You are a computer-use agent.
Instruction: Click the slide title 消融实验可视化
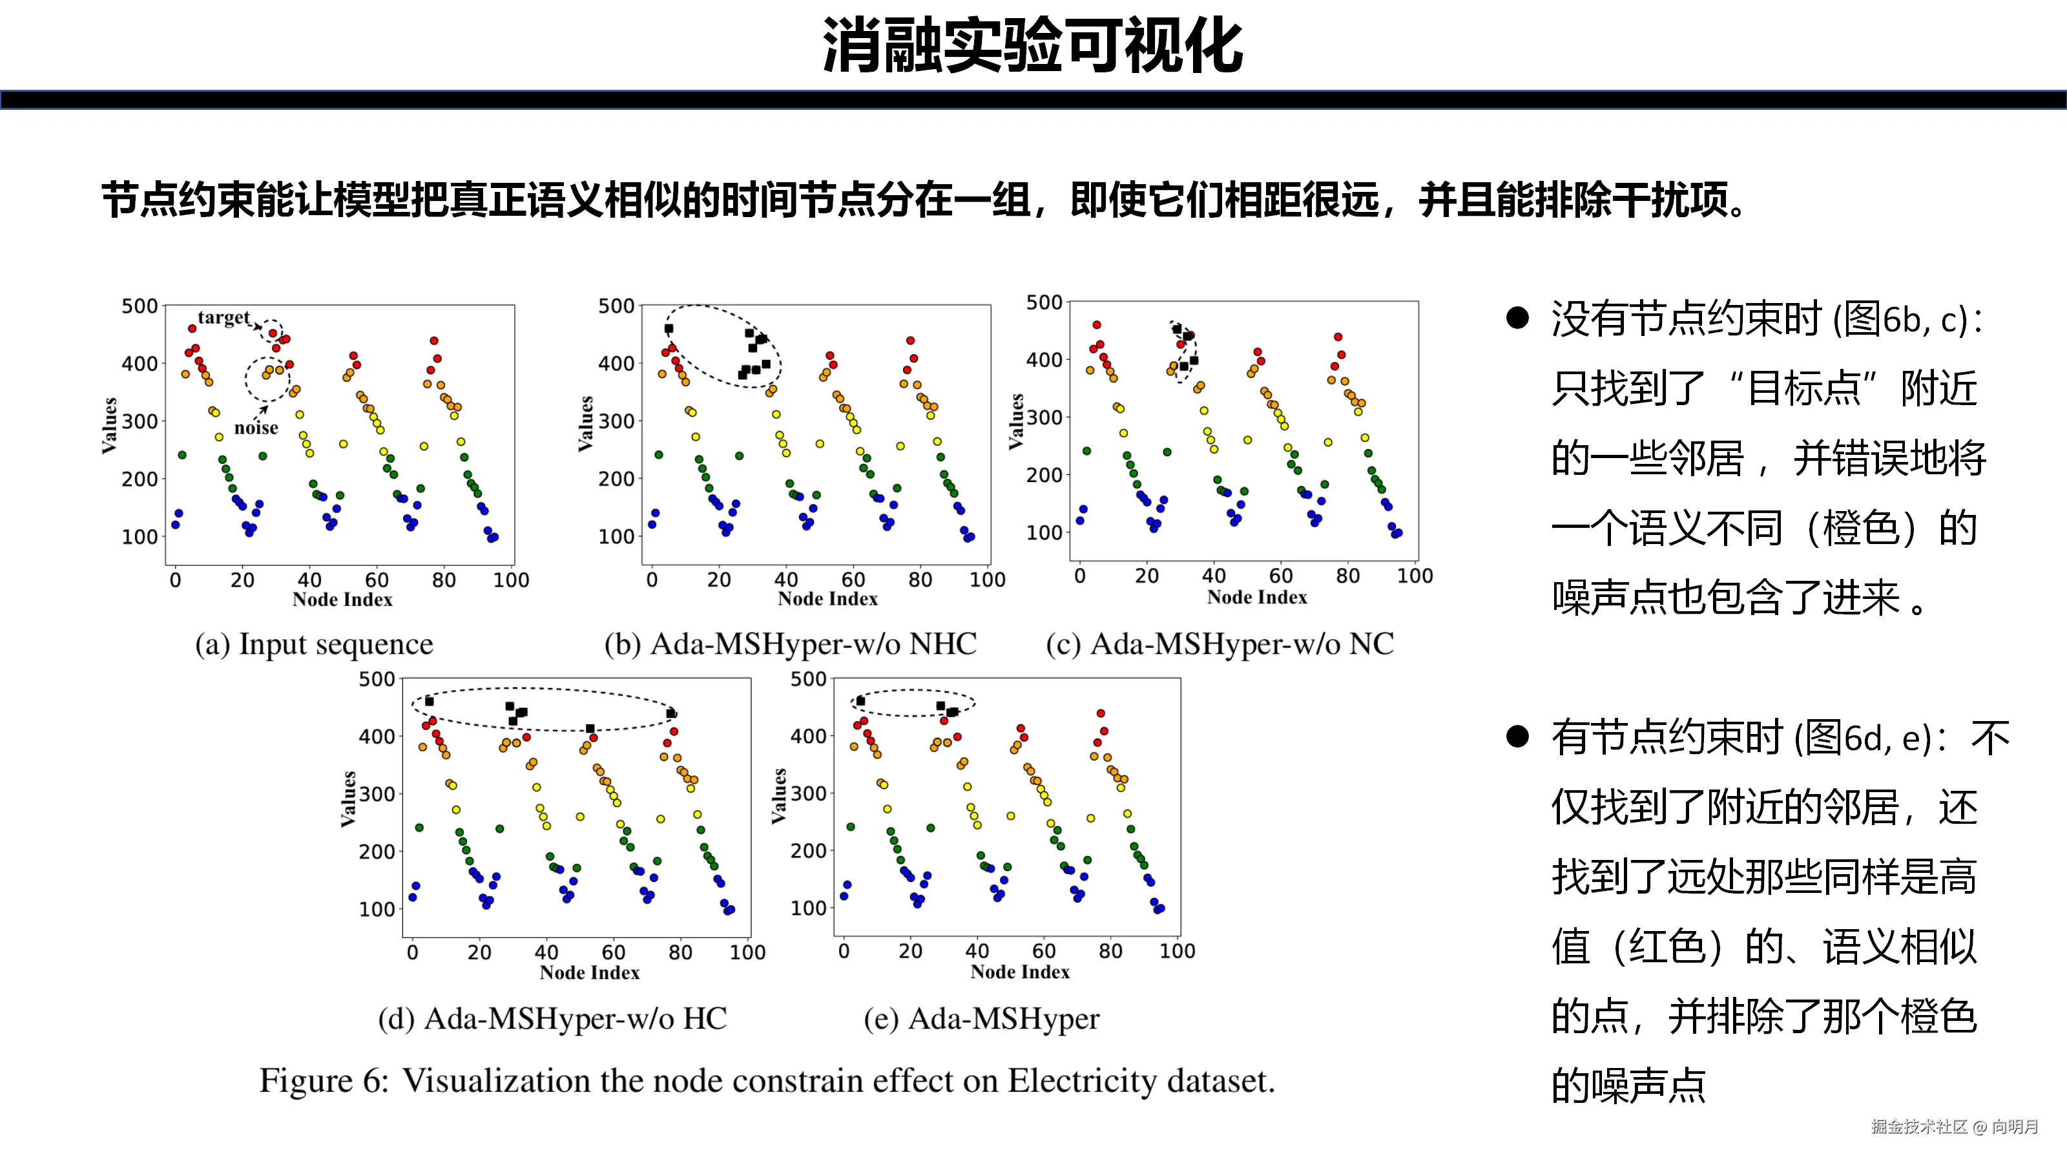[x=1033, y=47]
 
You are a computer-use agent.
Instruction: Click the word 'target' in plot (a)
[x=224, y=318]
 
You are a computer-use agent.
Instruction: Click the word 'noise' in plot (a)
[x=256, y=428]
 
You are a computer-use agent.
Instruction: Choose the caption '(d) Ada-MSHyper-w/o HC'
[x=552, y=1018]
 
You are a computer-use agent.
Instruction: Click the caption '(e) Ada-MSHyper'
[x=981, y=1018]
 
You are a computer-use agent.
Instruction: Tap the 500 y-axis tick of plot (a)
[x=140, y=307]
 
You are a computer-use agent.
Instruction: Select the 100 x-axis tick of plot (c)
[x=1415, y=576]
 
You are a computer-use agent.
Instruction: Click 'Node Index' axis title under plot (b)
[x=827, y=599]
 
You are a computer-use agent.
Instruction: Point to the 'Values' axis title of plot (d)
[x=348, y=799]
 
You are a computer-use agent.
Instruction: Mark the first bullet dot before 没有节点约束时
[x=1517, y=318]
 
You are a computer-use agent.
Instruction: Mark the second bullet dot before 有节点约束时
[x=1517, y=736]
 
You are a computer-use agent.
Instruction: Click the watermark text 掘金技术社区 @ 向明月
[x=1955, y=1127]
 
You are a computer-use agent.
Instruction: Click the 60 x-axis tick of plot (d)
[x=613, y=953]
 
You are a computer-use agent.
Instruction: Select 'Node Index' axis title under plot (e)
[x=1020, y=972]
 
